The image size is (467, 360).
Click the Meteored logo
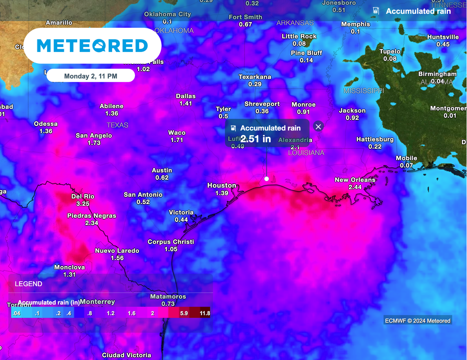92,46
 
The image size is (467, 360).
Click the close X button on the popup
318,127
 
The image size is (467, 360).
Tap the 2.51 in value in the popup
256,139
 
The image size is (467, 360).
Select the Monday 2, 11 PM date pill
91,76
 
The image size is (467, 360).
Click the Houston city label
222,185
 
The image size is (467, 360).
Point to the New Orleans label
355,180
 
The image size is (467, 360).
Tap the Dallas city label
186,96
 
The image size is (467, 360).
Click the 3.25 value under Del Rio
83,203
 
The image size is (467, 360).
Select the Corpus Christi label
171,242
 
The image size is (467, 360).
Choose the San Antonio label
143,195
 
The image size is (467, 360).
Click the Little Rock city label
299,37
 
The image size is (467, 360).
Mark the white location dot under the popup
266,179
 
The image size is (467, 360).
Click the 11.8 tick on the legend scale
205,313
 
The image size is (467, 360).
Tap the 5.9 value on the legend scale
184,313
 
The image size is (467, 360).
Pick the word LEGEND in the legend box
28,284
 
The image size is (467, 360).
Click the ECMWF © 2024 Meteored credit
417,321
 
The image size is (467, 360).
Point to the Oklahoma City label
167,14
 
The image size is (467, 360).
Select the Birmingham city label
437,74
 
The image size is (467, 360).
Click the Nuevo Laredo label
117,250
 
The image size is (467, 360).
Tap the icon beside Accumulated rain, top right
376,10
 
